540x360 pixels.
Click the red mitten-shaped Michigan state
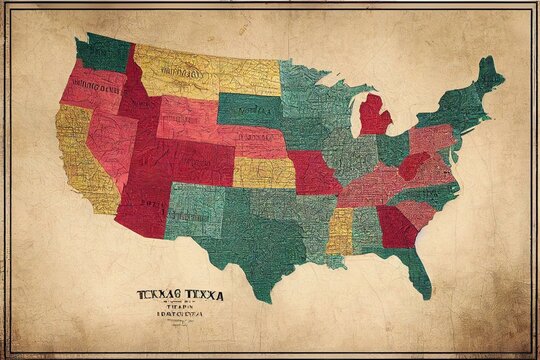click(375, 116)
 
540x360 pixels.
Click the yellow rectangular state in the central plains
click(264, 172)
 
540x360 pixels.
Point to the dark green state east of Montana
click(250, 107)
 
